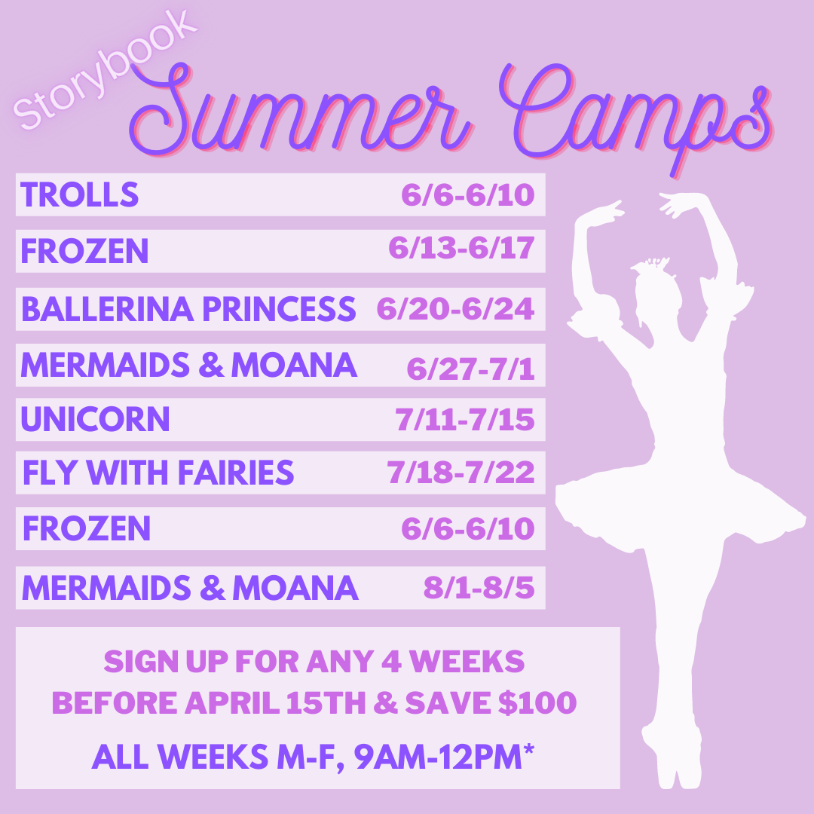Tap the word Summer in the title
click(x=300, y=111)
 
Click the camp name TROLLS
click(x=79, y=194)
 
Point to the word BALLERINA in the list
click(x=108, y=309)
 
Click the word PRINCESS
click(x=280, y=309)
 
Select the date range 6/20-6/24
click(x=455, y=309)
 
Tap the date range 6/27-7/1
click(x=470, y=369)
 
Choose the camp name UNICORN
click(x=96, y=419)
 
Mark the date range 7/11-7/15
click(x=465, y=420)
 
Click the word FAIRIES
click(x=236, y=473)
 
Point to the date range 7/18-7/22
click(x=461, y=473)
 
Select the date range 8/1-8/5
click(x=479, y=588)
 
